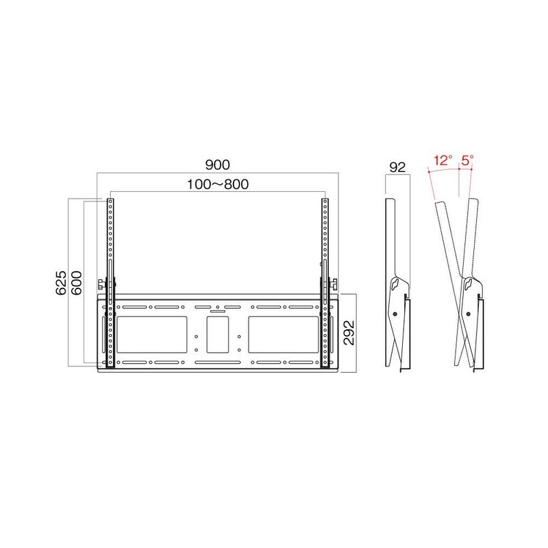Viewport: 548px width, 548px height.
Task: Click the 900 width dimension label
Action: tap(217, 164)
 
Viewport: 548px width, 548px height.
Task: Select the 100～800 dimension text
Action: tap(218, 184)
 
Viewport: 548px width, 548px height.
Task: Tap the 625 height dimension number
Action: tap(61, 282)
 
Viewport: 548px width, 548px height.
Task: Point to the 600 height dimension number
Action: tap(76, 282)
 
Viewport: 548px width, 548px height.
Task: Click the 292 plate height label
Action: tap(349, 333)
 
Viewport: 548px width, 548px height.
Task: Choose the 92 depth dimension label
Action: tap(397, 167)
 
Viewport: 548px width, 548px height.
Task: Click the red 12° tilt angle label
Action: tap(443, 160)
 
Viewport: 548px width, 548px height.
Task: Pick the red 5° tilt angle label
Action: tap(467, 160)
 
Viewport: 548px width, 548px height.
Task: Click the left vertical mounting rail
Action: tap(110, 283)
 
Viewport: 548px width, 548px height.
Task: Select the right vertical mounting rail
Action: tap(325, 283)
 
